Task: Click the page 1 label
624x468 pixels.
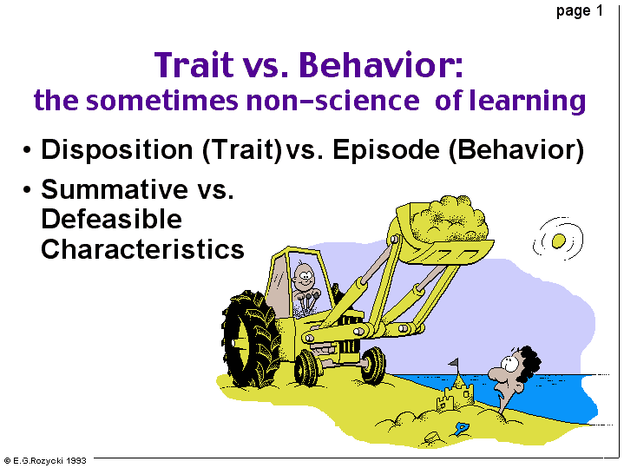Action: [x=580, y=10]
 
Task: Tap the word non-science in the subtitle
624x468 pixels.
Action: [x=332, y=101]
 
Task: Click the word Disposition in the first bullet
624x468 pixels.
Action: [x=117, y=150]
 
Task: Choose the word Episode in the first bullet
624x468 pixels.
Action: [x=386, y=150]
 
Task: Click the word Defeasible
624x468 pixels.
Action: [x=111, y=219]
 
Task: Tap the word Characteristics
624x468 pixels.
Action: [x=142, y=249]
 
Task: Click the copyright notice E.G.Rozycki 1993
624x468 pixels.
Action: [x=45, y=461]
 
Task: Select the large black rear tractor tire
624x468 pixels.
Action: [x=250, y=339]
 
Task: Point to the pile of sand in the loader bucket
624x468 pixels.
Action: [x=449, y=219]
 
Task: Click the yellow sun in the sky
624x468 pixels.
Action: [x=558, y=241]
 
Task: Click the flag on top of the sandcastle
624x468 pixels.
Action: [x=454, y=363]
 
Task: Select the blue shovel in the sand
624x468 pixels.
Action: [x=462, y=429]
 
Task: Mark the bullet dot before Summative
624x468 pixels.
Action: [x=27, y=189]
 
